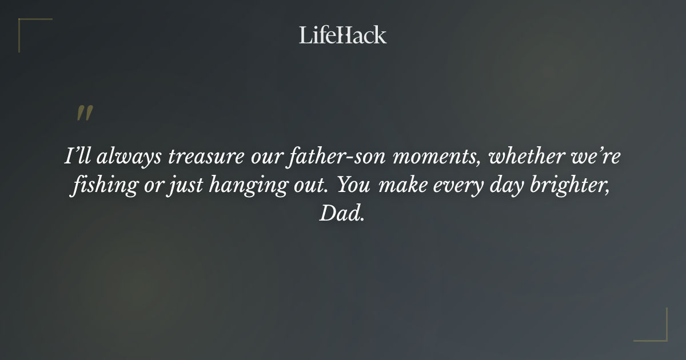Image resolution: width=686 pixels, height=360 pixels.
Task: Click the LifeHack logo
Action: pyautogui.click(x=342, y=35)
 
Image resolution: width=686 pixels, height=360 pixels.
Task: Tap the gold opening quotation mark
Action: pyautogui.click(x=84, y=113)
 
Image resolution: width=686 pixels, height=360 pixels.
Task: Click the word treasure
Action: pyautogui.click(x=208, y=158)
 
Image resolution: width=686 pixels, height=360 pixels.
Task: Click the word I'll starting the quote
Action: pyautogui.click(x=75, y=158)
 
